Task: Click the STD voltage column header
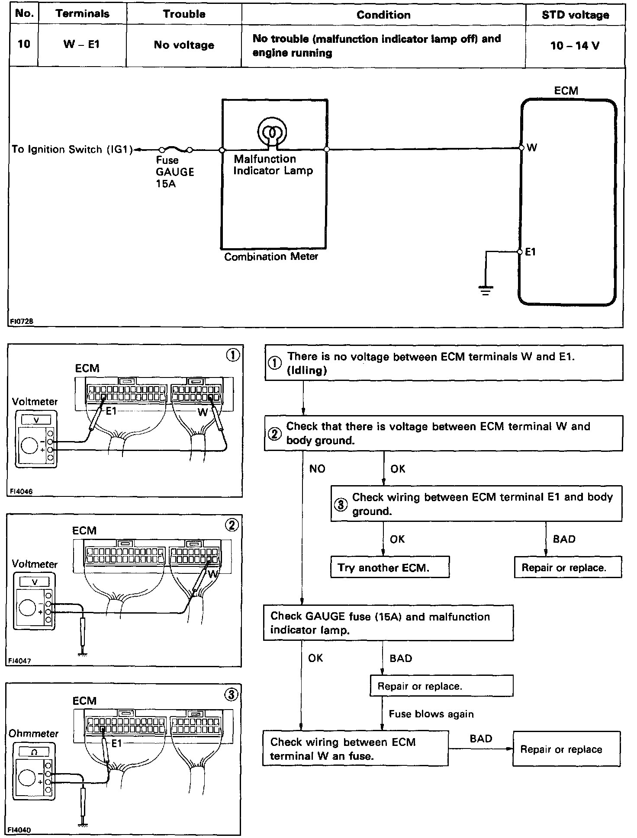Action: pos(575,15)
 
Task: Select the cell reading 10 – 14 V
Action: pos(575,45)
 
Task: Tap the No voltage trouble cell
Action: pos(184,45)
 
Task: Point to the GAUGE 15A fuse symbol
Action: pos(176,150)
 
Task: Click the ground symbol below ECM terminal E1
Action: pos(486,290)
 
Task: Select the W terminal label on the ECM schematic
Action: pos(532,148)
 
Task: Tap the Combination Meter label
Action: pos(271,257)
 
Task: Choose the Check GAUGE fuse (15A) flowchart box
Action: pos(388,623)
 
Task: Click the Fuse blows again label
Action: pos(431,714)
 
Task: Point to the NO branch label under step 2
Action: pos(317,469)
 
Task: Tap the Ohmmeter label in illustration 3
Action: pos(33,734)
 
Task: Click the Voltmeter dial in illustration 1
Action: pos(29,446)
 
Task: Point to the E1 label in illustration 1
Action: pos(111,411)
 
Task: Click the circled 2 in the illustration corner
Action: pos(232,525)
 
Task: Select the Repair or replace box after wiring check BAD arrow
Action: pos(566,749)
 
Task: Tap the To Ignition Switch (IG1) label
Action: pos(72,150)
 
